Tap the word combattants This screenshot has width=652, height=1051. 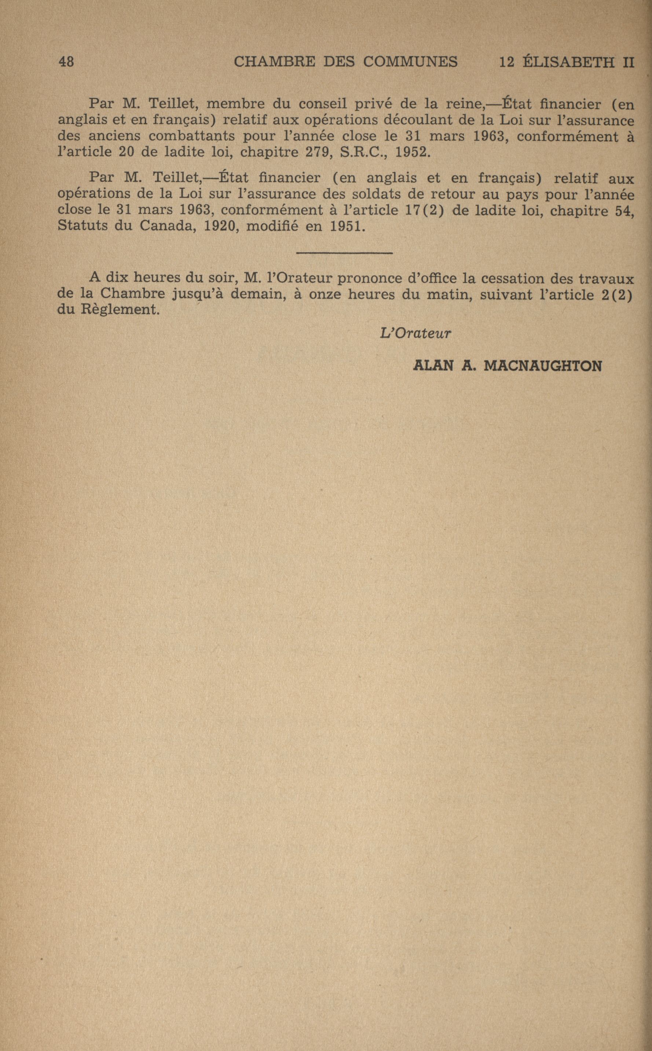[191, 137]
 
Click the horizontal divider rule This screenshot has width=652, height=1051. [345, 253]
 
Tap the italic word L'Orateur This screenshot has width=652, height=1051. [415, 334]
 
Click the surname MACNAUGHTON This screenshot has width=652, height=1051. [543, 367]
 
